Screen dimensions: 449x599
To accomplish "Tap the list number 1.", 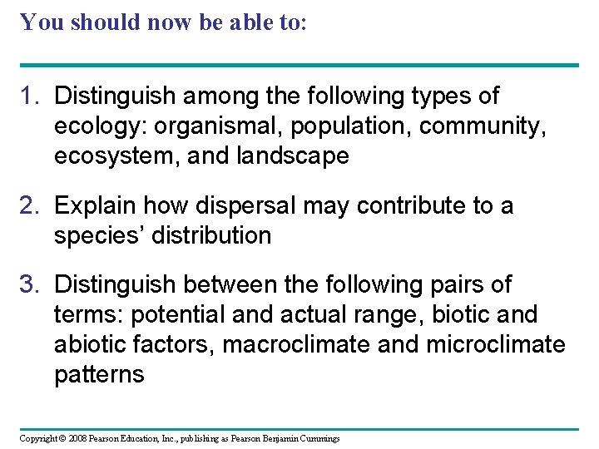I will tap(30, 96).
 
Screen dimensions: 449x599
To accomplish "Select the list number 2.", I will tap(30, 205).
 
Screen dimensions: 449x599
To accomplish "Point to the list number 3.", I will tap(30, 285).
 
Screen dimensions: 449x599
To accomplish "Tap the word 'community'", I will tap(482, 126).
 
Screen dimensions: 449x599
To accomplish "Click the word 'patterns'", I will tap(99, 375).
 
